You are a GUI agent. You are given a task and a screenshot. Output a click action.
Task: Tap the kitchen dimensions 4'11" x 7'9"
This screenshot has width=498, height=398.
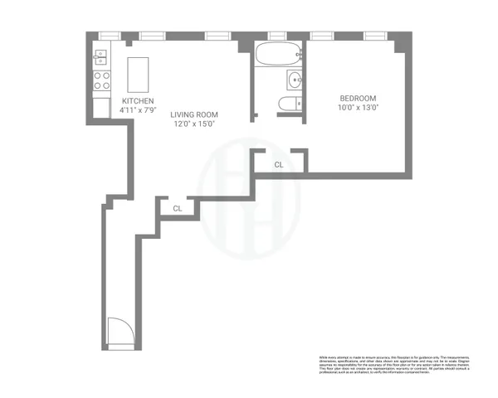[138, 109]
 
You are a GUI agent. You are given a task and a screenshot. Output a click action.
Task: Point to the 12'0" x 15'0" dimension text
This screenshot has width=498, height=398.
[194, 124]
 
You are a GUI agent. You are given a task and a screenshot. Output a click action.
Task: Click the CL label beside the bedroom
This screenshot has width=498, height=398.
[279, 164]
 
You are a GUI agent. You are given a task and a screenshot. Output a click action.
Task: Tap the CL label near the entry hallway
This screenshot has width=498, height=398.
[178, 208]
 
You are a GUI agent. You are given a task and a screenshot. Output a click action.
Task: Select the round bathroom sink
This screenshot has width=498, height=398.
[295, 80]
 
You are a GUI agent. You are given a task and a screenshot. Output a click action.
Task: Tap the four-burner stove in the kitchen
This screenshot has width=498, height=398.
[102, 80]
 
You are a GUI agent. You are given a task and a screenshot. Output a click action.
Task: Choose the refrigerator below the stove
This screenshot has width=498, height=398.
[102, 107]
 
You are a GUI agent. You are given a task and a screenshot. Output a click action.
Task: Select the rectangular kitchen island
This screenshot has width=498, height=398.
[137, 74]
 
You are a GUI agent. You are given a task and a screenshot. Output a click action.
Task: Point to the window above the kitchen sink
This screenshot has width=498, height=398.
[106, 36]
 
